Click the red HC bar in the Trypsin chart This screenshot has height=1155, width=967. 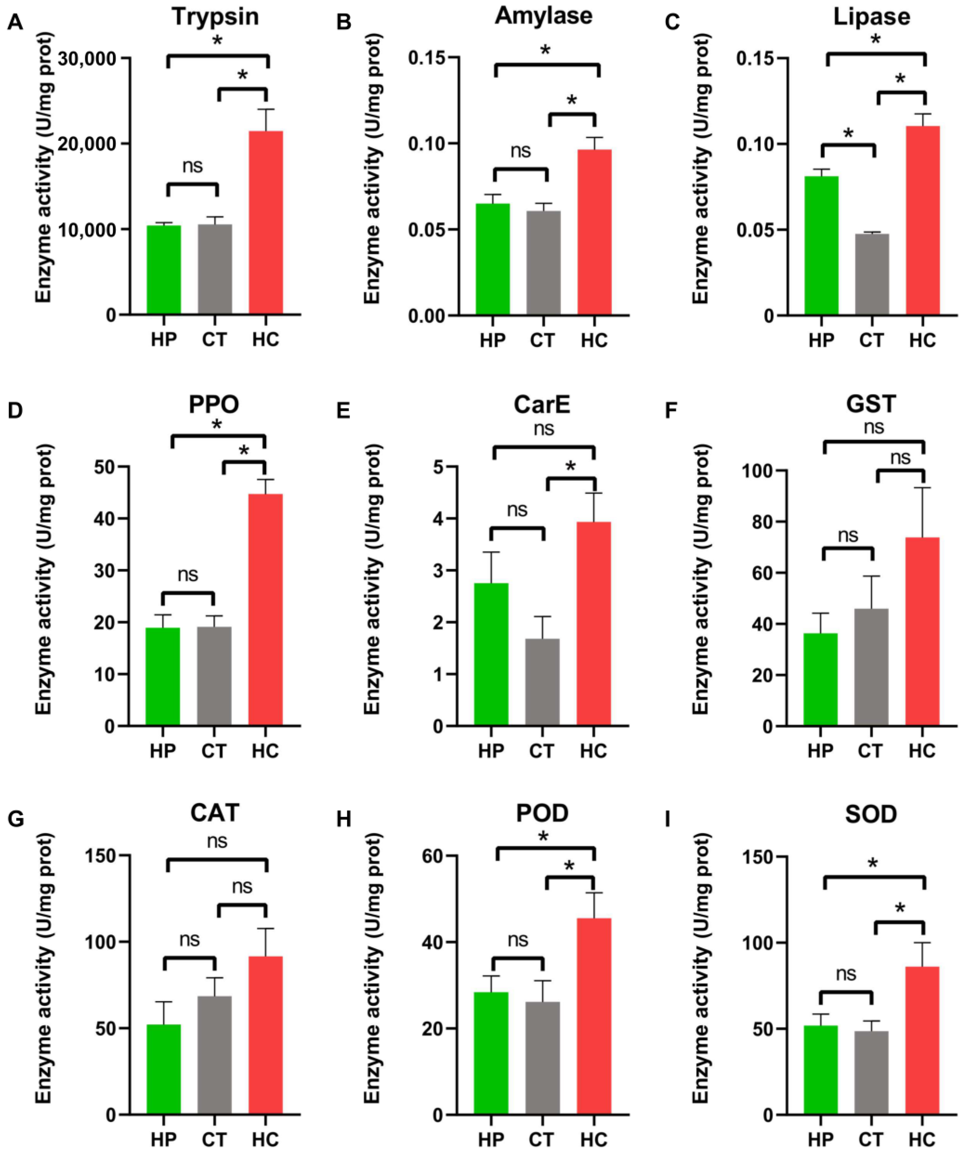[266, 223]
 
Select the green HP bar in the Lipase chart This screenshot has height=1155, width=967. [821, 246]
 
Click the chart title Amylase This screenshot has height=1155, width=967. [544, 16]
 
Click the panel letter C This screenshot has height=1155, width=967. [672, 23]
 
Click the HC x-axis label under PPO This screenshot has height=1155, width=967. [266, 751]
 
